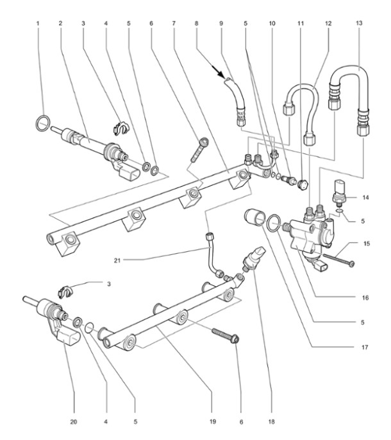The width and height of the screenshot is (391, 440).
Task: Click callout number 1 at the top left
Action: point(38,23)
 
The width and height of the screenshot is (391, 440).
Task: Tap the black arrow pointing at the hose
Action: point(218,71)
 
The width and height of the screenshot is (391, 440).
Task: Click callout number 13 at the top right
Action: point(359,23)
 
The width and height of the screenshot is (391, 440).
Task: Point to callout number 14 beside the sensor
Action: point(365,198)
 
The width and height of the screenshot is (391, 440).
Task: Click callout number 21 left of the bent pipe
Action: point(117,260)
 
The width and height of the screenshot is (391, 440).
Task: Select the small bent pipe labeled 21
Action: point(213,254)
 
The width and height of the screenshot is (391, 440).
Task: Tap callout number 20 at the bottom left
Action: point(73,422)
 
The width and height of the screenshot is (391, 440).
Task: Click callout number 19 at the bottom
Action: point(213,421)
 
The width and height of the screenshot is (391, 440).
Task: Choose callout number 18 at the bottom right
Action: point(271,421)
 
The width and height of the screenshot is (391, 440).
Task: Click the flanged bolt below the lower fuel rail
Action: point(226,335)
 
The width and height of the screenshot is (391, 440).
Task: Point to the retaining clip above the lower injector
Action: point(65,292)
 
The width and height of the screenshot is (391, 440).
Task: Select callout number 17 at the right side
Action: point(364,348)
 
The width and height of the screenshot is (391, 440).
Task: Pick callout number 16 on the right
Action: point(365,298)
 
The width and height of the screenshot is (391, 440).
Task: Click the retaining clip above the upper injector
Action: point(121,128)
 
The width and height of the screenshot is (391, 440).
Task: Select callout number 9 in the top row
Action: point(221,23)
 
